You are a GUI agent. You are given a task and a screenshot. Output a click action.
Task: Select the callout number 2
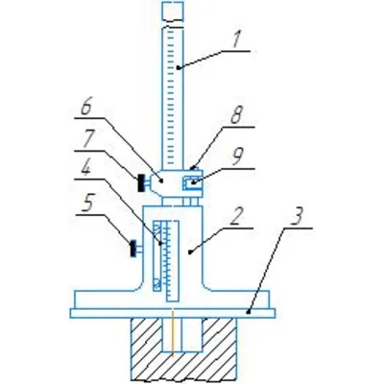coord(237,216)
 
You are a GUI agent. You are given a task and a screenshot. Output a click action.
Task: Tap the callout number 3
coord(297,216)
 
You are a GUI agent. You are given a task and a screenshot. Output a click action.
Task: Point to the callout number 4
coord(85,168)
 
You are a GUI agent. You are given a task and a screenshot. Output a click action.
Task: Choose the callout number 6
coord(85,108)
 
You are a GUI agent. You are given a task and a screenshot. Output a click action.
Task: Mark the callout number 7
coord(87,139)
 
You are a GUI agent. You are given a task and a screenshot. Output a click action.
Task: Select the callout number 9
coord(238,157)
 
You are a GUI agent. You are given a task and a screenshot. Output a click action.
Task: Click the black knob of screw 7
coord(140,183)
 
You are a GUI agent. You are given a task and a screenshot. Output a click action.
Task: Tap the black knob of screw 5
coord(133,249)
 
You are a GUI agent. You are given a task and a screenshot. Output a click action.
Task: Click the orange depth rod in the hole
coord(173,333)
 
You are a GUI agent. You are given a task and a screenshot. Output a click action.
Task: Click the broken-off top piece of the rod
coord(173,11)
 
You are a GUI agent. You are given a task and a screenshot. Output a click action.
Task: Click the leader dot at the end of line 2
coord(190,252)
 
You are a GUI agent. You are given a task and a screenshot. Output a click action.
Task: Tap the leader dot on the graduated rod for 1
coord(178,67)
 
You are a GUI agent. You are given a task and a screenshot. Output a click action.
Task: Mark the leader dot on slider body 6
coord(162,181)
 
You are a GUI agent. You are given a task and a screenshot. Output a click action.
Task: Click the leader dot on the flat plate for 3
coord(248,311)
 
